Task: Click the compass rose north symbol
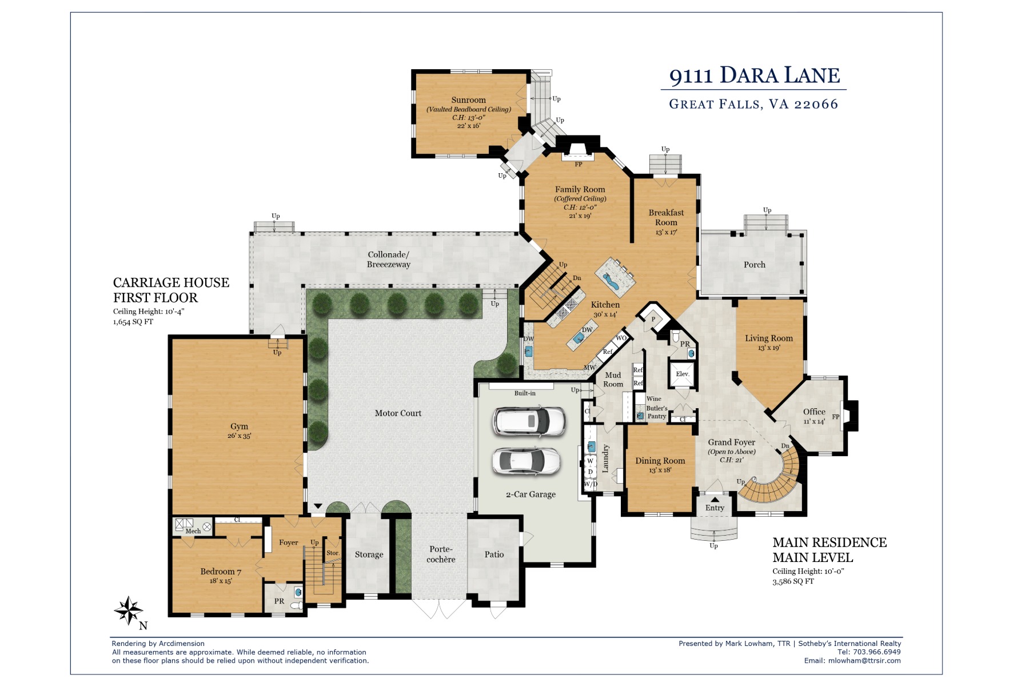coord(129,611)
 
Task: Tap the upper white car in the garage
coord(529,421)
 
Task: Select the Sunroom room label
coord(468,100)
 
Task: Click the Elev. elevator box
coord(682,374)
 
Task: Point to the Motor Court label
coord(398,413)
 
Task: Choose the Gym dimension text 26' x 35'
coord(239,436)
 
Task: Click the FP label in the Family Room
coord(579,164)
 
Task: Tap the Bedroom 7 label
coord(221,572)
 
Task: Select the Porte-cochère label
coord(441,554)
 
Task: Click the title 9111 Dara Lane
coord(754,75)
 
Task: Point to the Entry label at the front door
coord(715,508)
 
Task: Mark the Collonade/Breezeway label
coord(389,260)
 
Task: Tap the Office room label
coord(814,412)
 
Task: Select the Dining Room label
coord(660,461)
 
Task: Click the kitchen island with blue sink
coord(615,277)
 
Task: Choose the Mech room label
coord(193,531)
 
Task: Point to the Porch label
coord(755,265)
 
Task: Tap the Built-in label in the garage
coord(525,393)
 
